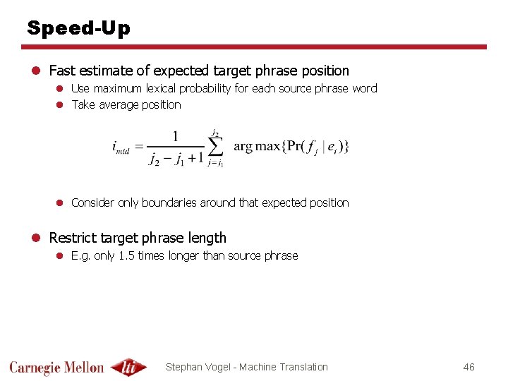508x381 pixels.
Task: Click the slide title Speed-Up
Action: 78,28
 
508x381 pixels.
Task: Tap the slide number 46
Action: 468,367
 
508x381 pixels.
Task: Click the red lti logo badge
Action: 128,367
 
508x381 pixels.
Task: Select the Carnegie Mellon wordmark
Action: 56,367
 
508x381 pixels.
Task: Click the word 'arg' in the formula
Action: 243,147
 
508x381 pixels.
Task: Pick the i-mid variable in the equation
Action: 121,147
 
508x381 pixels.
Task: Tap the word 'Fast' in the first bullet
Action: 61,71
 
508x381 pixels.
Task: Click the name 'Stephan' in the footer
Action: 185,367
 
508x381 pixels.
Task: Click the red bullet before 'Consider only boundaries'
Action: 61,203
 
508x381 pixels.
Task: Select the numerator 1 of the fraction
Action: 175,135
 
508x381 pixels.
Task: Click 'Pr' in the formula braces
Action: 290,147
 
